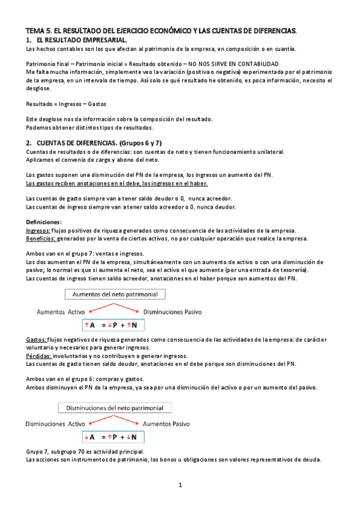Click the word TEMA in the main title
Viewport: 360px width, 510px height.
pyautogui.click(x=35, y=29)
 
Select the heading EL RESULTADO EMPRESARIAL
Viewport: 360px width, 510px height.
pyautogui.click(x=78, y=38)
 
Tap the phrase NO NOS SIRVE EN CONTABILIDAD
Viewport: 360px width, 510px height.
pyautogui.click(x=233, y=63)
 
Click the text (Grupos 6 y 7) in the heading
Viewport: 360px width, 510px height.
pyautogui.click(x=145, y=143)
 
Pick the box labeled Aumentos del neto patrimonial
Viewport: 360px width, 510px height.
pyautogui.click(x=115, y=295)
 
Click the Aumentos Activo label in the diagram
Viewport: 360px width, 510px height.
pyautogui.click(x=61, y=312)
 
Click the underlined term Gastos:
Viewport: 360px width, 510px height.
pyautogui.click(x=37, y=340)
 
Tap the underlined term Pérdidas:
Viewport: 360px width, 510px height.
pyautogui.click(x=39, y=355)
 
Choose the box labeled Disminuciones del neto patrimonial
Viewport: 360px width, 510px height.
pyautogui.click(x=115, y=407)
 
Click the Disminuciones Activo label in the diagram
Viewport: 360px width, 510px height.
pyautogui.click(x=55, y=424)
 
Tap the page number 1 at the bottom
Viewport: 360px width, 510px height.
pyautogui.click(x=180, y=484)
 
